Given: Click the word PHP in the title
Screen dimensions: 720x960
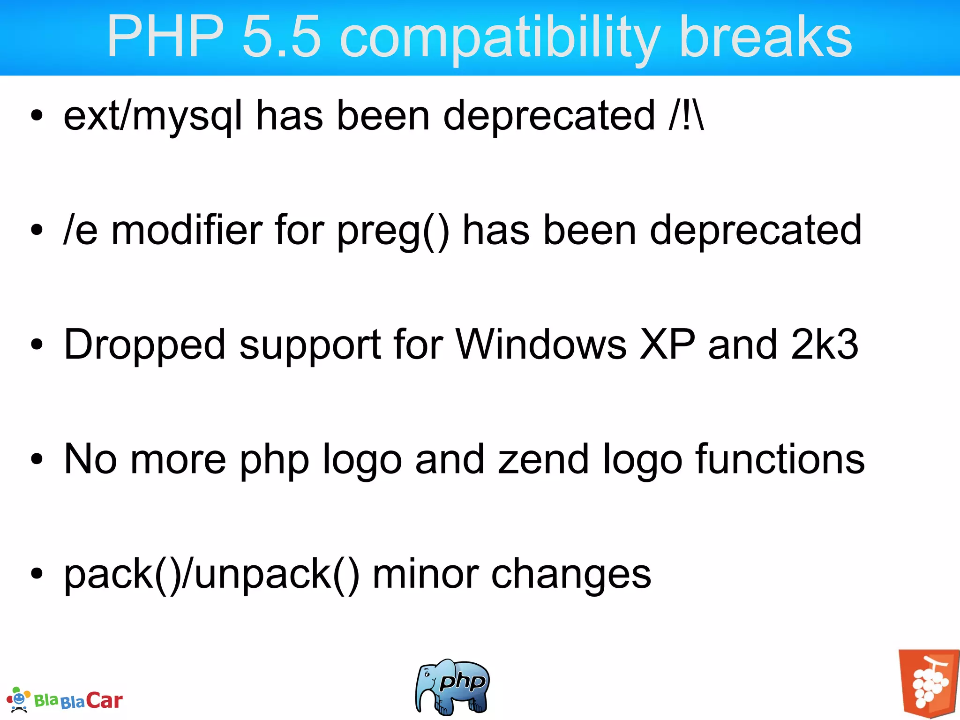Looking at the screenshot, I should [x=165, y=37].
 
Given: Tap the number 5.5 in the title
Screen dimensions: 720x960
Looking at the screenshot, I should [x=282, y=37].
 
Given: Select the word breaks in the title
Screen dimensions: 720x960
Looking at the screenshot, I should [x=765, y=37].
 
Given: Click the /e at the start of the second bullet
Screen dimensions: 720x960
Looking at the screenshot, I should [x=81, y=230].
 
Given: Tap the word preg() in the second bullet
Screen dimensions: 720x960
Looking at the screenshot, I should [x=393, y=231].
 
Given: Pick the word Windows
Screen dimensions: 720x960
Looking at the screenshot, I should [x=541, y=345].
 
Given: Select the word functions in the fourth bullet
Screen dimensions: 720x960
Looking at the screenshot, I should [x=780, y=459].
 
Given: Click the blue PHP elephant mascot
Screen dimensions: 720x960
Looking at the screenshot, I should [x=452, y=687].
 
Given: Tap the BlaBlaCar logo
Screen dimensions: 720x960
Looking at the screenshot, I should [x=66, y=700].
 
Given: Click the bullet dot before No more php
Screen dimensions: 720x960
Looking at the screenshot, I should [x=37, y=459].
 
